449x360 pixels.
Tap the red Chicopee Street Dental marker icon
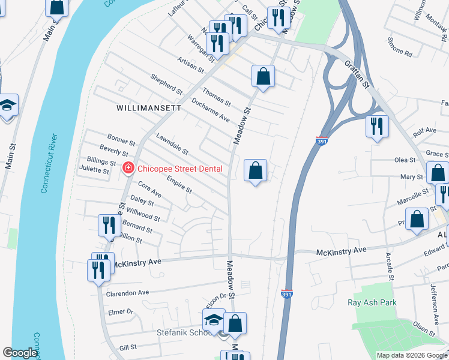tap(127, 169)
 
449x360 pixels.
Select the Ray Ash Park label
tap(372, 302)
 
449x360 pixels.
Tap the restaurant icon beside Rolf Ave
tap(376, 127)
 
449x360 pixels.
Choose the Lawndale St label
tap(172, 144)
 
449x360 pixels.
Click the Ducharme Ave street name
tap(211, 110)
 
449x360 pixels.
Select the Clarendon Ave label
tap(127, 293)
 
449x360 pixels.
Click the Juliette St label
tap(94, 170)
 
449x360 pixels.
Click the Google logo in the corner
tap(20, 353)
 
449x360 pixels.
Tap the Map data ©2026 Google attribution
tap(411, 355)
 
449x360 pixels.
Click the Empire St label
tap(179, 185)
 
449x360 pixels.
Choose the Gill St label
tap(128, 347)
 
